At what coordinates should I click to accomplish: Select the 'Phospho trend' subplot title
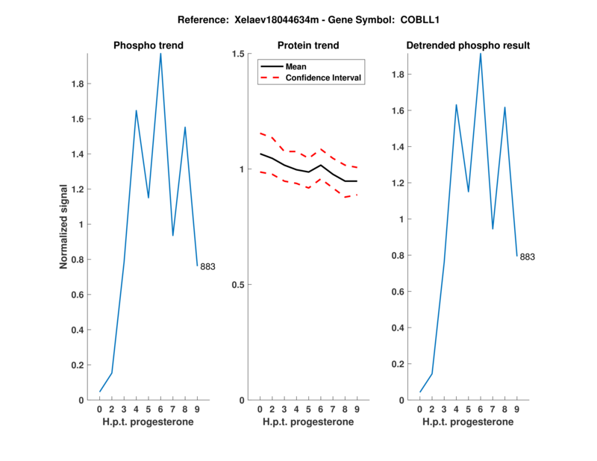click(x=149, y=46)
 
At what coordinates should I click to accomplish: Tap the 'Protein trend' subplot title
click(x=308, y=46)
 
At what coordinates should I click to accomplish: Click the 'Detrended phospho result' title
click(x=468, y=46)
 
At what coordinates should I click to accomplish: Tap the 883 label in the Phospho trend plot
click(x=207, y=266)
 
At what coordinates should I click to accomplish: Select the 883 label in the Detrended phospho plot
click(x=528, y=257)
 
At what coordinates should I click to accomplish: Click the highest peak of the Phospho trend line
click(x=160, y=54)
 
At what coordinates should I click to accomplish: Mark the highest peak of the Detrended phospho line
click(x=481, y=54)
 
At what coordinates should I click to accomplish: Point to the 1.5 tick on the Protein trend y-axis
click(x=239, y=54)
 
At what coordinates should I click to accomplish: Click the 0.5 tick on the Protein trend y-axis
click(x=239, y=285)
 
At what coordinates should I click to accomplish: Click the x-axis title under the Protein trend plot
click(x=308, y=421)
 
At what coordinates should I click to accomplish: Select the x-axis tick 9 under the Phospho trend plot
click(x=197, y=409)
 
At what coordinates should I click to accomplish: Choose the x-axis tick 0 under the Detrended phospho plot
click(x=420, y=409)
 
